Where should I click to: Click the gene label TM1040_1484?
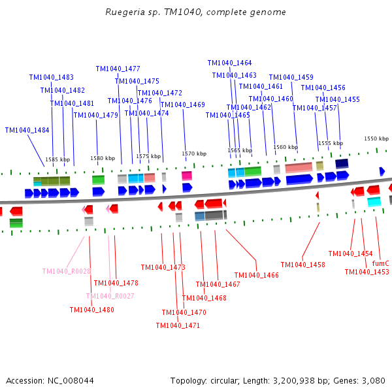[x=27, y=130]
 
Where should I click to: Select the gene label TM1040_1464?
[x=229, y=63]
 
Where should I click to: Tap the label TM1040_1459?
[x=291, y=77]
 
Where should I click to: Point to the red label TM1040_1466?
[x=256, y=275]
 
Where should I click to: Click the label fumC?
[x=380, y=263]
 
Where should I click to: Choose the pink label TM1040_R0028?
[x=67, y=271]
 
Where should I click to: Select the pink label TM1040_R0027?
[x=110, y=296]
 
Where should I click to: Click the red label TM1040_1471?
[x=178, y=325]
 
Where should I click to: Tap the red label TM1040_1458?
[x=302, y=265]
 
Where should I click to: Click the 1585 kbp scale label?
[x=57, y=159]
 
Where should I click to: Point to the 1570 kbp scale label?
[x=194, y=154]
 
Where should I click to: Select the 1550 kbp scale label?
[x=376, y=139]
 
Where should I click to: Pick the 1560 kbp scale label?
[x=286, y=147]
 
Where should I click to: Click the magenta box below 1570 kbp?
[x=187, y=176]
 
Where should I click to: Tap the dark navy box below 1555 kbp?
[x=342, y=163]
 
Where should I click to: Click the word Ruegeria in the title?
[x=123, y=12]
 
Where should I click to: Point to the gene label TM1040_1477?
[x=118, y=69]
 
